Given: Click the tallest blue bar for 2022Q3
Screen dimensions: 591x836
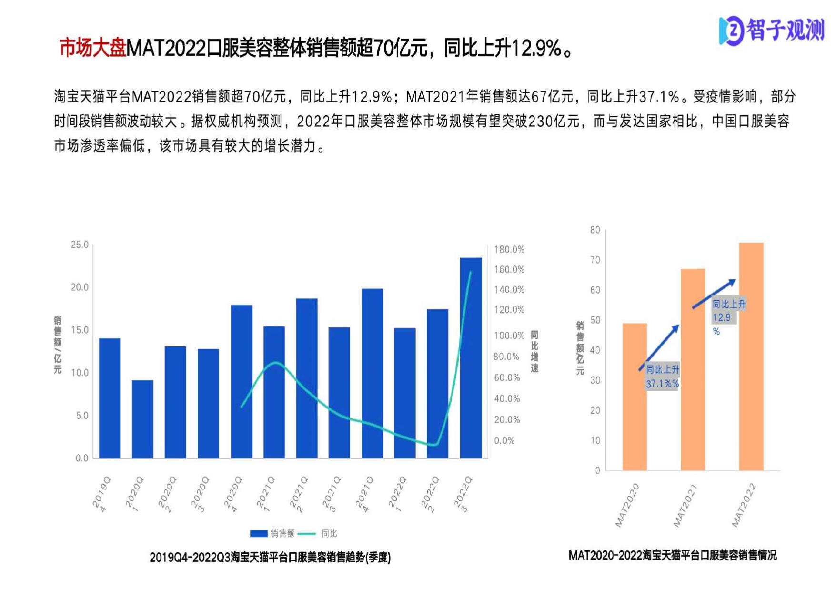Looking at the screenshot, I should coord(471,357).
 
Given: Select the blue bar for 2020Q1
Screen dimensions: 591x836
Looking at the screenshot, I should coord(142,419).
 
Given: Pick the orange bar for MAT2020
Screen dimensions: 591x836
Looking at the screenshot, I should coord(635,397).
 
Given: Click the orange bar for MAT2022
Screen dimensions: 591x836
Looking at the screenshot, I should coord(751,356).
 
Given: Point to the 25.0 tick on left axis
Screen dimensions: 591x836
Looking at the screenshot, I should coord(80,245).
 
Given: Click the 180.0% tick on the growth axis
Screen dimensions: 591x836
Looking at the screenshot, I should coord(509,249).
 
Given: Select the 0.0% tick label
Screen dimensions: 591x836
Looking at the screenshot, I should coord(504,441).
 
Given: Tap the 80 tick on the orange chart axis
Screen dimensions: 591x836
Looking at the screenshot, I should coord(595,230).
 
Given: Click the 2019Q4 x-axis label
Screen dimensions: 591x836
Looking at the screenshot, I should coord(101,494).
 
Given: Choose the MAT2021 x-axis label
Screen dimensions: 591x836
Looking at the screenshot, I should coord(685,505).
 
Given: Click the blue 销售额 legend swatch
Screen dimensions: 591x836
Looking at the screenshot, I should coord(258,533).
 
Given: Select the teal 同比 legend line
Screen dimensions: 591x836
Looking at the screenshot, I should coord(307,533).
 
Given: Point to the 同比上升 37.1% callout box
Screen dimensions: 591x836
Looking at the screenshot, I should coord(662,377).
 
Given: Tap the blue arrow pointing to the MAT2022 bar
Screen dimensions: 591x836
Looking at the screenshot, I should coord(714,294).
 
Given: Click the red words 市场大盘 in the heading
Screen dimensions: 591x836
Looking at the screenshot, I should coord(92,48).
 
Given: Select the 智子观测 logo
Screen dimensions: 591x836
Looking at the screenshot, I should coord(772,31).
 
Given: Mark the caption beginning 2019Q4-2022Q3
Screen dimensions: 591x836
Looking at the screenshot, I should coord(270,557).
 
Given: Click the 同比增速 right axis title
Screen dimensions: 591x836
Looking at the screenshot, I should coord(534,351).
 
